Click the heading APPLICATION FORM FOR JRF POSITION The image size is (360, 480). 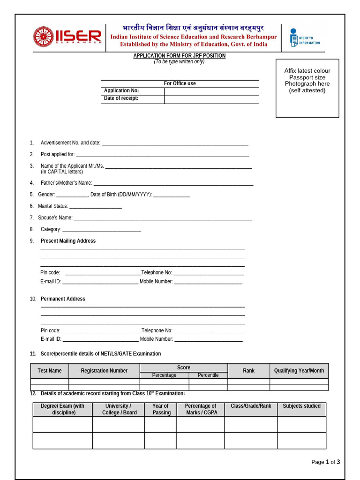pos(180,56)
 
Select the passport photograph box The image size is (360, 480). pos(307,88)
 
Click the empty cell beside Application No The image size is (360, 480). pos(211,91)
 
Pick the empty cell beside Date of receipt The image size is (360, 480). pos(211,99)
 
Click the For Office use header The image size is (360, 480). pos(180,83)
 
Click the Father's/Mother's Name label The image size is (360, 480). pos(66,183)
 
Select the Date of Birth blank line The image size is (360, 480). pos(172,195)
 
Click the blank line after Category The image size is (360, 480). pos(102,230)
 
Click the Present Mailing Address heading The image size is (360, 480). pos(68,241)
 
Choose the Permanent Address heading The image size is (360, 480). pos(63,299)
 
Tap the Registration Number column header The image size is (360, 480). pos(104,371)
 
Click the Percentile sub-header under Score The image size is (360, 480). pos(208,375)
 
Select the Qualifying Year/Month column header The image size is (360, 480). pos(299,371)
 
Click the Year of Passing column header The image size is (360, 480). pos(160,409)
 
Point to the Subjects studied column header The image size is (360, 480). pos(301,406)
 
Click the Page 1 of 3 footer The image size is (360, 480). pos(325,462)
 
